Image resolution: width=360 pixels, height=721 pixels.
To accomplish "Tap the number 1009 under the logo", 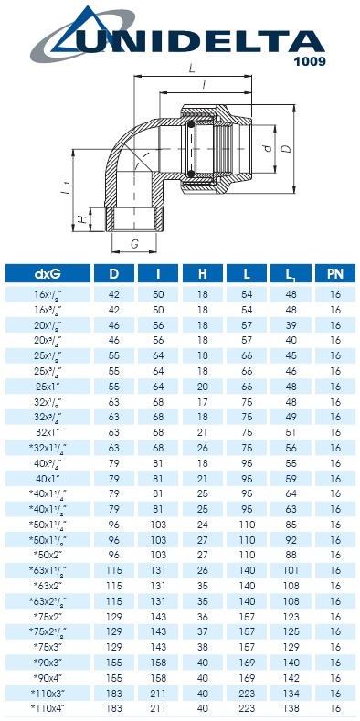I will (x=308, y=61).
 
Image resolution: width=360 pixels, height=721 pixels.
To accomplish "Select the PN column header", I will (x=334, y=273).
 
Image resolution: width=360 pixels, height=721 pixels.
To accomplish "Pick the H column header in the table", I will (x=202, y=273).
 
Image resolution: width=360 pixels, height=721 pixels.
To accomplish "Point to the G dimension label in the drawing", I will (x=134, y=244).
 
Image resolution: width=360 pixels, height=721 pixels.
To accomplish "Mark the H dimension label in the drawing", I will (x=81, y=219).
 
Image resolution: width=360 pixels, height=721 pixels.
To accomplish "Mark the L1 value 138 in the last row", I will (x=291, y=708).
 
